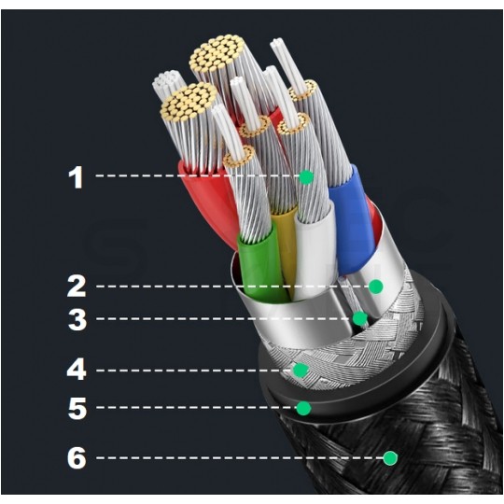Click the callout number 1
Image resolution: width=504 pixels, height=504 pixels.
(77, 177)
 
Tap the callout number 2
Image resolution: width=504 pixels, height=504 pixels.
(77, 286)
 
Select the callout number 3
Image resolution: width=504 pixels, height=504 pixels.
(77, 319)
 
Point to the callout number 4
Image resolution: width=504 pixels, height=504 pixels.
(77, 370)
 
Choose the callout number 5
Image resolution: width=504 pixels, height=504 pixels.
(77, 408)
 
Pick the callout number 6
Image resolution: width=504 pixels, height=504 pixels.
(77, 457)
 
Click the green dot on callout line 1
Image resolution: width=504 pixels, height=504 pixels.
(306, 176)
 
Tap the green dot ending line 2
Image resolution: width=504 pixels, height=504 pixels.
(375, 287)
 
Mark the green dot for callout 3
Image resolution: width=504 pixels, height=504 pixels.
(359, 318)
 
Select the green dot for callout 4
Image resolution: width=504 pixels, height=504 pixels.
(301, 370)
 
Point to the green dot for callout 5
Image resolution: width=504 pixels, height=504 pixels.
(303, 408)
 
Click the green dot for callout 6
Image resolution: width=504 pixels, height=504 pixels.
(390, 458)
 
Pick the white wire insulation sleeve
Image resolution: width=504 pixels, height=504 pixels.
(316, 251)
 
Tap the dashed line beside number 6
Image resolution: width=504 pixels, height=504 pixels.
(240, 457)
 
